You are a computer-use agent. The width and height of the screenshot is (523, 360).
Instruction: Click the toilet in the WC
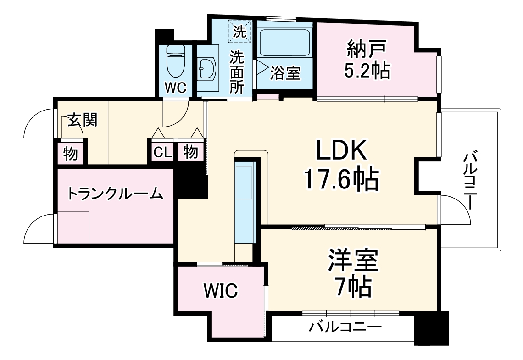coord(175,63)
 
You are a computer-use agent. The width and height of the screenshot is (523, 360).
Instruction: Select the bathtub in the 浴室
coord(284,44)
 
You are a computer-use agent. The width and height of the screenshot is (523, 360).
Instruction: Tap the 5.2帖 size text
coord(367,71)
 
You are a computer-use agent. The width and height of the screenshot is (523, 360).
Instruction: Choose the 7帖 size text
coord(352,288)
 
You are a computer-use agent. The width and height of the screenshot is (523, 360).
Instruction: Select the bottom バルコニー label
coord(345,327)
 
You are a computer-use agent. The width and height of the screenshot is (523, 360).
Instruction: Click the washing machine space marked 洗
coord(240,31)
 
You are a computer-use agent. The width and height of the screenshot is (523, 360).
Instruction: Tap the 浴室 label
coord(285,73)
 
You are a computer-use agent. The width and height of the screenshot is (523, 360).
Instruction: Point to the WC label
coord(175,89)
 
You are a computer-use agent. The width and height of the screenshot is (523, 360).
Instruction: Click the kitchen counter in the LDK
coord(244,202)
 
